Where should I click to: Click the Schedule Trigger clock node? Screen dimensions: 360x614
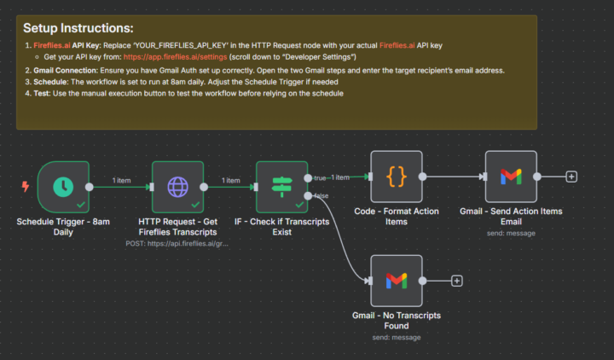(x=63, y=185)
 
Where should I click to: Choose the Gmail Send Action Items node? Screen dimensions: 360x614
(x=511, y=177)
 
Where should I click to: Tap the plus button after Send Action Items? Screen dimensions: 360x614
(x=571, y=177)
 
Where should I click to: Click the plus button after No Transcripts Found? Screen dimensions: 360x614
(x=457, y=280)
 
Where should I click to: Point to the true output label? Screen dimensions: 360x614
(x=320, y=177)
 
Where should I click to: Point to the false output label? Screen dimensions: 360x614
(x=321, y=196)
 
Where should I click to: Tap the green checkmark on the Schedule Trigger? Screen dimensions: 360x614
(x=80, y=205)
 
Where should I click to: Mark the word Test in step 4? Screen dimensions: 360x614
(x=43, y=93)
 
